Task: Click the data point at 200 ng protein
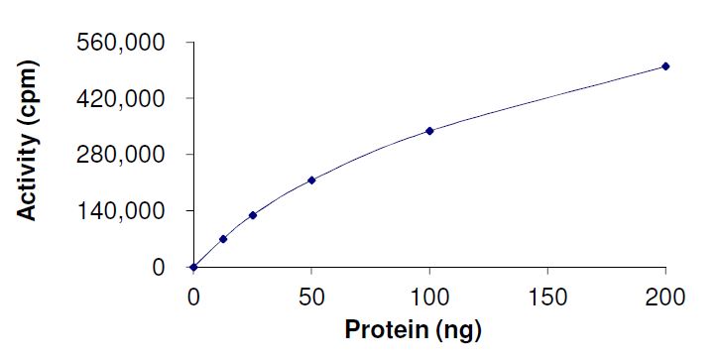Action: tap(665, 66)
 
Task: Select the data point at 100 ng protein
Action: tap(429, 131)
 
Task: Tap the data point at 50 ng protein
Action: tap(311, 180)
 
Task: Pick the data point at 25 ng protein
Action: tap(253, 215)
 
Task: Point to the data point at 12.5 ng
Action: tap(223, 239)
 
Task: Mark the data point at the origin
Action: tap(193, 267)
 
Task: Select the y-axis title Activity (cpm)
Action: tap(31, 141)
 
